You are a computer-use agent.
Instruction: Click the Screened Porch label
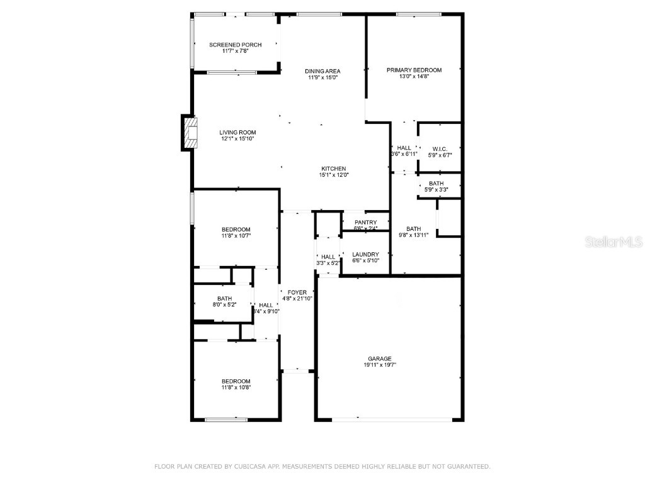click(x=235, y=45)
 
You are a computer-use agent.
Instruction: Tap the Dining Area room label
click(x=322, y=71)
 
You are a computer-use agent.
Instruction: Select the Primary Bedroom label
click(x=414, y=70)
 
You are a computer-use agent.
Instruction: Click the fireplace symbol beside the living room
click(x=190, y=133)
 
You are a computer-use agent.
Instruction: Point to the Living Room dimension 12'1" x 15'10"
click(x=237, y=139)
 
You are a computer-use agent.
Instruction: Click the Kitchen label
click(x=334, y=169)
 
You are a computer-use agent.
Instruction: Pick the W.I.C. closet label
click(x=440, y=148)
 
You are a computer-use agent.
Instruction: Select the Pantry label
click(x=365, y=223)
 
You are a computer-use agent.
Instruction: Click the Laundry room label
click(x=365, y=255)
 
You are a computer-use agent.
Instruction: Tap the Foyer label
click(x=297, y=292)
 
